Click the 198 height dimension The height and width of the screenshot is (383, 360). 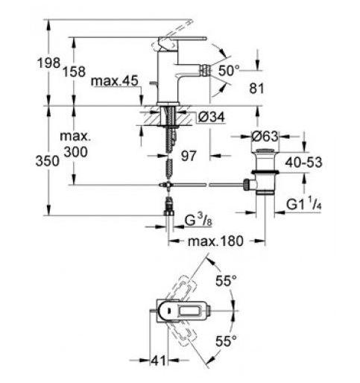point(48,63)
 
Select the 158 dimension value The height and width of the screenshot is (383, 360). point(74,72)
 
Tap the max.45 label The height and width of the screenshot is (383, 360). point(114,81)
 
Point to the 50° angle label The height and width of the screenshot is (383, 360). point(229,70)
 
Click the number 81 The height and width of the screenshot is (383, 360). point(256,89)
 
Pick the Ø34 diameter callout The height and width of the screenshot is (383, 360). point(212,117)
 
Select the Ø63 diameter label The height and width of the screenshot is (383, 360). point(265,136)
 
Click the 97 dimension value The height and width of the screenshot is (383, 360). point(189,156)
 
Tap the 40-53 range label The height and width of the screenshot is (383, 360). point(303,162)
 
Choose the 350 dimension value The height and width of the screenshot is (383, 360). point(48,161)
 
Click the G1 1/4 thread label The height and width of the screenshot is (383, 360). point(304,203)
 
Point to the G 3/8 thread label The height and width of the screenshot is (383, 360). point(198,220)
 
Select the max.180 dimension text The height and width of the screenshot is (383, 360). point(215,241)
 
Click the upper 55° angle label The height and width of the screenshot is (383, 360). point(226,281)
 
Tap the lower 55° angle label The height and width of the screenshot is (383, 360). point(226,341)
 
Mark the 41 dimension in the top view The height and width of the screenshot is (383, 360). point(158,361)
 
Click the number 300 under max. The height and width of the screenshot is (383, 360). point(75,152)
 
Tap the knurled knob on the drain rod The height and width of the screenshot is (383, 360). point(246,185)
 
